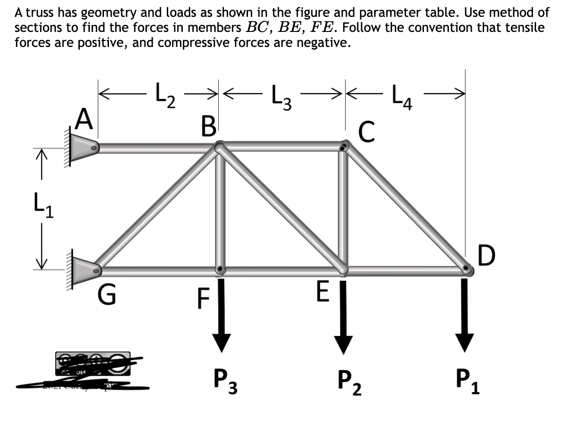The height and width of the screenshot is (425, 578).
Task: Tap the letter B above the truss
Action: point(208,126)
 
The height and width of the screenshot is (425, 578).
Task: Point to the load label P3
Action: point(225,382)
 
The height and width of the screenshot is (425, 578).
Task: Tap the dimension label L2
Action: point(165,94)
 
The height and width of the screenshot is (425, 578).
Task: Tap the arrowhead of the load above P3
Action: point(221,342)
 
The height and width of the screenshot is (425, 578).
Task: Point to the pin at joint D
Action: point(467,269)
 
